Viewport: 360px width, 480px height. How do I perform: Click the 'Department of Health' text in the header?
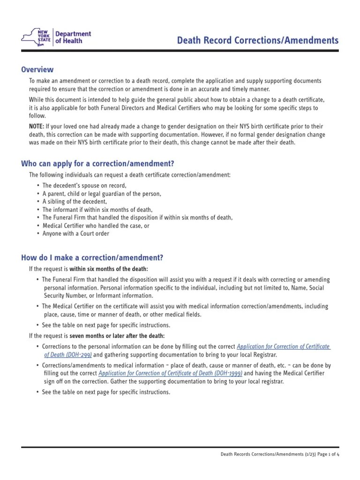click(x=73, y=37)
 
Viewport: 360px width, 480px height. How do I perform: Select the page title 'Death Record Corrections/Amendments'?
click(x=257, y=41)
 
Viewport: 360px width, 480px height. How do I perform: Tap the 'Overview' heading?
click(x=37, y=70)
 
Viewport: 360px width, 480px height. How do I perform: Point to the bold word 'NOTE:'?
click(x=37, y=127)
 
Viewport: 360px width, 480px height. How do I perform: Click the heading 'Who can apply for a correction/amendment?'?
click(x=97, y=164)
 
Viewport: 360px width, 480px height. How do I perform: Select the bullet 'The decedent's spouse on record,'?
click(x=84, y=186)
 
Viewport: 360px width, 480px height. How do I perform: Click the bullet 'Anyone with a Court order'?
click(x=75, y=233)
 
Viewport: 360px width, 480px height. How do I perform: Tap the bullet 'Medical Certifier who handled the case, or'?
click(x=96, y=225)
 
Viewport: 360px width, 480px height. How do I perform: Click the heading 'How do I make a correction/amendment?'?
click(x=92, y=258)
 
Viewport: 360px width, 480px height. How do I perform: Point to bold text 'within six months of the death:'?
click(x=109, y=269)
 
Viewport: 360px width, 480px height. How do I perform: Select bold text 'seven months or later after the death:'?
click(x=117, y=336)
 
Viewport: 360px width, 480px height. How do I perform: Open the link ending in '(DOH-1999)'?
click(x=170, y=373)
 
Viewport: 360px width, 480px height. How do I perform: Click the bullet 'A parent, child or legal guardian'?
click(x=101, y=194)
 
